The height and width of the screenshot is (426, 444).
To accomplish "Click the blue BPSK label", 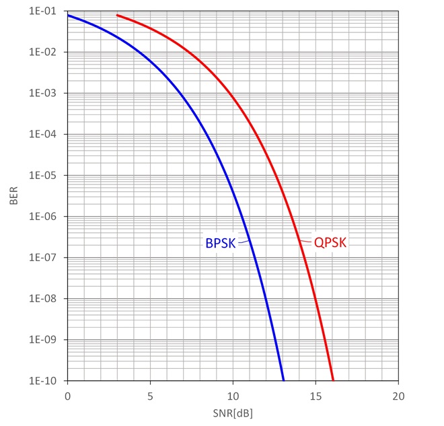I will coord(220,243).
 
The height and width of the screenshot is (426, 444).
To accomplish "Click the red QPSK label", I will coord(330,243).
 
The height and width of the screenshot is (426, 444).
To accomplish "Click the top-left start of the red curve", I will coord(118,15).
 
